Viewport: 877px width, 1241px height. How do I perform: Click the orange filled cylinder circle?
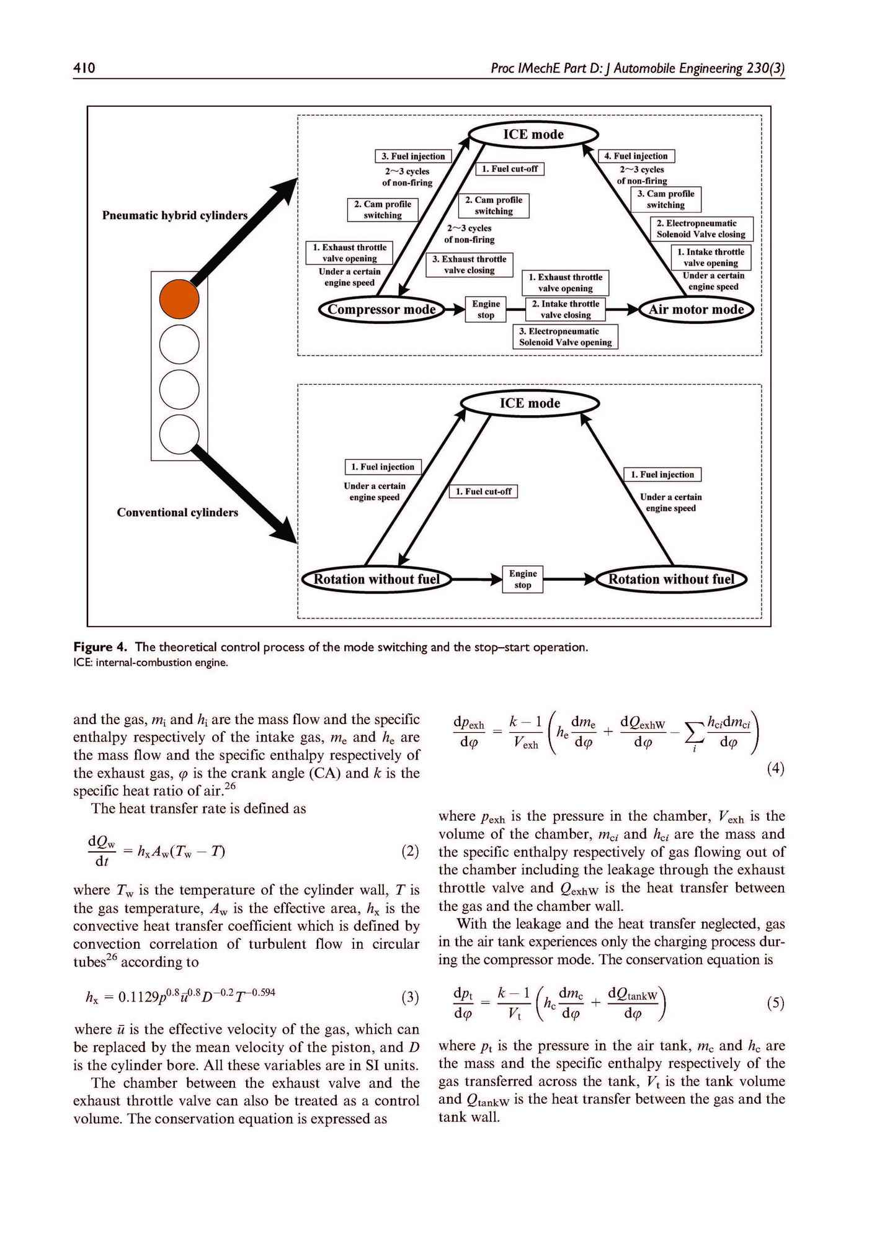coord(179,298)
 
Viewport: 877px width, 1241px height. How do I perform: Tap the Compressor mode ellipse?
coord(381,310)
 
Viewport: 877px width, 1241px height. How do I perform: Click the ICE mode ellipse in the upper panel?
coord(533,135)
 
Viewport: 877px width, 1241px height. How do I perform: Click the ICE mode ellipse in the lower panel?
coord(530,403)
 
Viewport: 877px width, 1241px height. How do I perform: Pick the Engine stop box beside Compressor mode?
coord(486,309)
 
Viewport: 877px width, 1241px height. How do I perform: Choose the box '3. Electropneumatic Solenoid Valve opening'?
coord(565,337)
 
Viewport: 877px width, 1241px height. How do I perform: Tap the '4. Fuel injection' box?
coord(636,156)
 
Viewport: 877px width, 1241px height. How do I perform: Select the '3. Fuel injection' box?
coord(413,156)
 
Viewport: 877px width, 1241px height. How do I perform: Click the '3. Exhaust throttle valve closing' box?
coord(469,265)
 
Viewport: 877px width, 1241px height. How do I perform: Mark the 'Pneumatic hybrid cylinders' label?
coord(175,216)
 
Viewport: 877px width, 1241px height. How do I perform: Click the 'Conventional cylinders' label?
coord(177,513)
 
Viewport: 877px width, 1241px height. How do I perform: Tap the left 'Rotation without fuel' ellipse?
coord(376,580)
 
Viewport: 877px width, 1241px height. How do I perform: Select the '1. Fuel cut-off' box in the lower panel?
coord(483,491)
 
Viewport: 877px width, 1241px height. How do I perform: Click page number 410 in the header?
coord(83,68)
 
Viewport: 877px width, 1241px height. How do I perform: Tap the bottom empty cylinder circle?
coord(179,434)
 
